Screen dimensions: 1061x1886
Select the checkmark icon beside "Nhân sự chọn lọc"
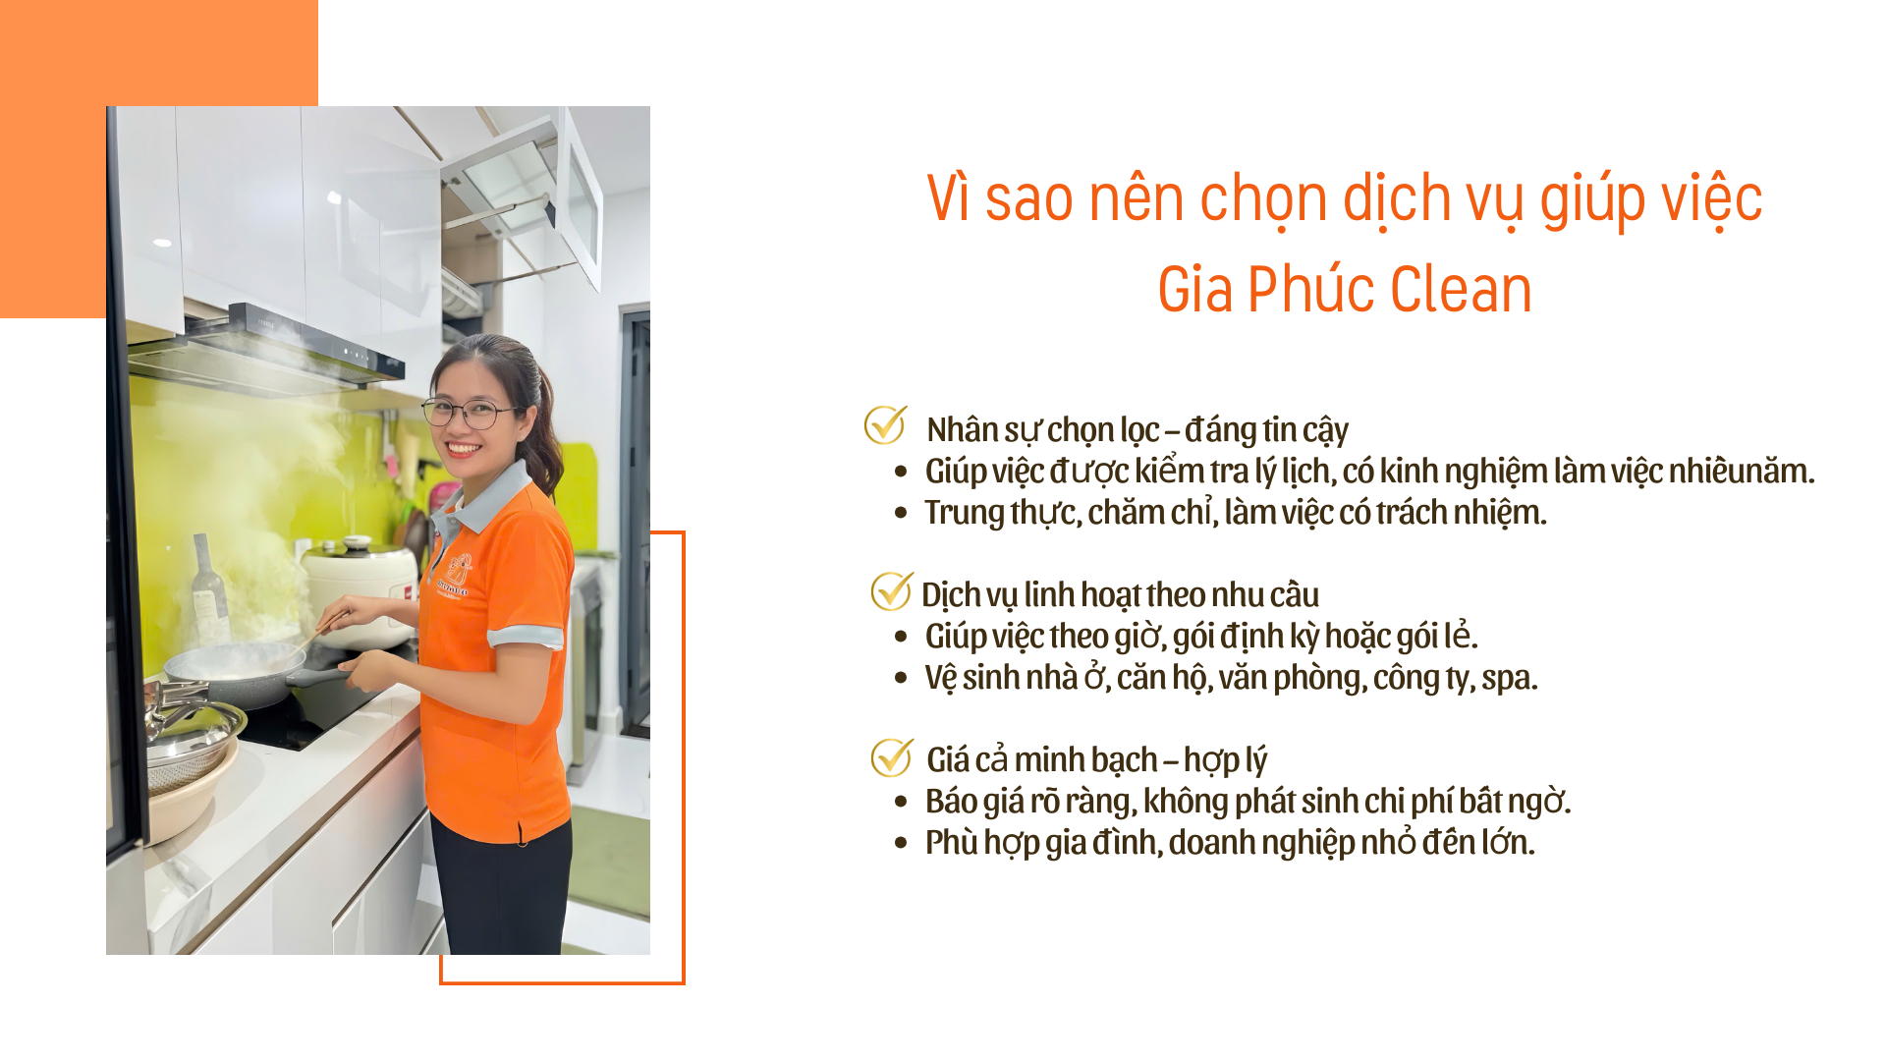click(885, 424)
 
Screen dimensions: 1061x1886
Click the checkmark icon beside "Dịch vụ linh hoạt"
click(891, 590)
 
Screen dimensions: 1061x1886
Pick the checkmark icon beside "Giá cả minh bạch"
click(891, 756)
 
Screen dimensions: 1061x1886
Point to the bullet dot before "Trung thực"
click(901, 513)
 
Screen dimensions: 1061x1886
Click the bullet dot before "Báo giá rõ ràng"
click(901, 802)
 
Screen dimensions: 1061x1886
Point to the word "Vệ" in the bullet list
click(940, 678)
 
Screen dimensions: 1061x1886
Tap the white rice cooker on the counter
click(360, 589)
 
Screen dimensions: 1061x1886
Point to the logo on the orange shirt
click(456, 575)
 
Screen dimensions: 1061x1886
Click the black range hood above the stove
click(265, 349)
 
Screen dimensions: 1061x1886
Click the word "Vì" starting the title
click(949, 198)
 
